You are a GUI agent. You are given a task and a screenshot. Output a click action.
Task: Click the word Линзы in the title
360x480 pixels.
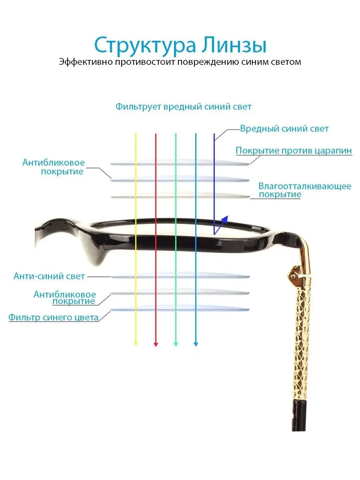[234, 45]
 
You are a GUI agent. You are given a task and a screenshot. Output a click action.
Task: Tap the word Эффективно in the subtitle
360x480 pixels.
[85, 62]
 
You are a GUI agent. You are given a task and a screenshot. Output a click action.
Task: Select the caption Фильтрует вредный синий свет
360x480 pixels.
[183, 107]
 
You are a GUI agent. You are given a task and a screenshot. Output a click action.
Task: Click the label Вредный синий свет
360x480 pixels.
[284, 128]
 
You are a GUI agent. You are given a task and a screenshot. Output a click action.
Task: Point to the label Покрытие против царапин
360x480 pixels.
[294, 151]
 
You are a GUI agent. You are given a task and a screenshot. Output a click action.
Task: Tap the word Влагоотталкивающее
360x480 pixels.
[305, 186]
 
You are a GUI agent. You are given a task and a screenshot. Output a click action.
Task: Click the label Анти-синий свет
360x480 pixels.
[49, 276]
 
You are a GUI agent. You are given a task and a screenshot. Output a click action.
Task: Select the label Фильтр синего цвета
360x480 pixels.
[53, 318]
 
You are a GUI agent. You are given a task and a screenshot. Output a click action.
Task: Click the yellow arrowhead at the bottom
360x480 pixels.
[136, 343]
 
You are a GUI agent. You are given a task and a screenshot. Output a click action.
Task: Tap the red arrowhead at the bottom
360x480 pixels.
[156, 344]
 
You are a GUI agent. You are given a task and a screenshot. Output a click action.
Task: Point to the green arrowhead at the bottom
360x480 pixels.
[176, 344]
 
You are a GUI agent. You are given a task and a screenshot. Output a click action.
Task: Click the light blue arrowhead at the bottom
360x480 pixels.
[196, 344]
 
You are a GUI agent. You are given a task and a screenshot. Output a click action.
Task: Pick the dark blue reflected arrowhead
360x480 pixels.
[225, 219]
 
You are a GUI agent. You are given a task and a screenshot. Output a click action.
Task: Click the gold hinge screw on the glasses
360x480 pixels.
[292, 277]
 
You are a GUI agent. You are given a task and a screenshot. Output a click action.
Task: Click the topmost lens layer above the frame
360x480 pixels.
[180, 163]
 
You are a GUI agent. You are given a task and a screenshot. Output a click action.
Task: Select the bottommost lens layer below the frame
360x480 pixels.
[180, 308]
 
